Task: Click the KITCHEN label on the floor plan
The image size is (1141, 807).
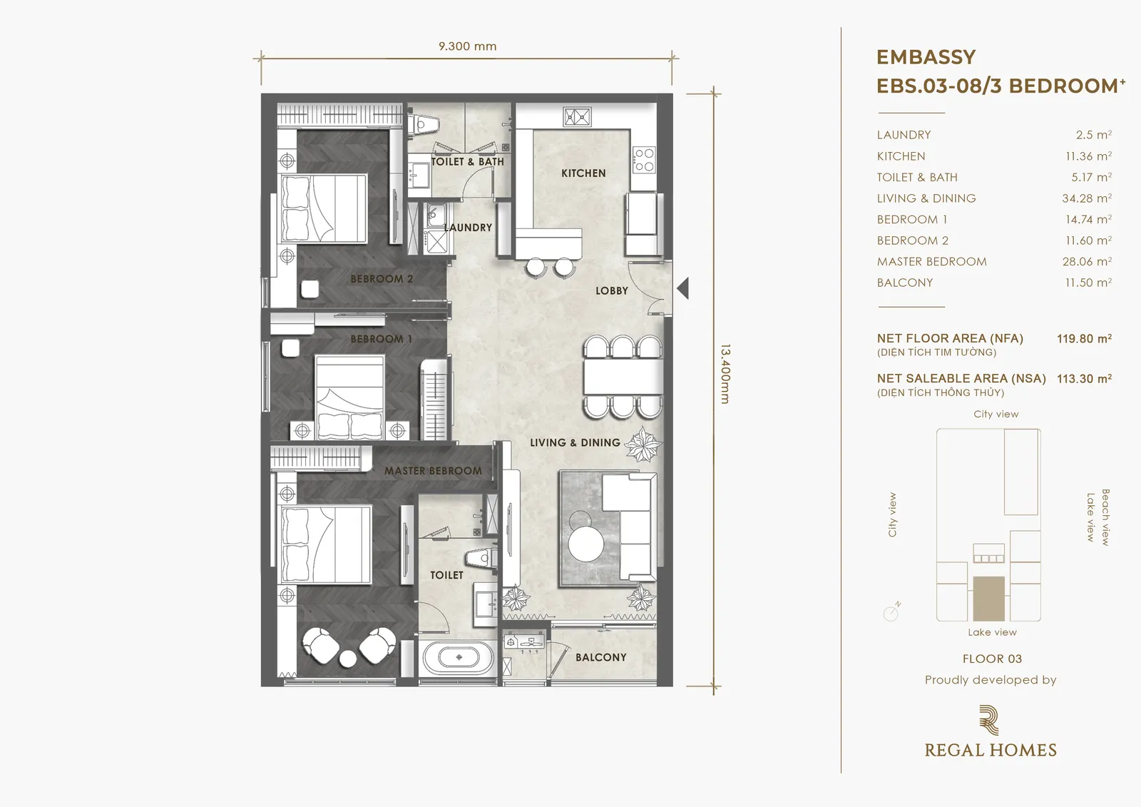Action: coord(583,173)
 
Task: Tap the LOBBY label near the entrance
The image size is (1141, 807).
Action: coord(612,290)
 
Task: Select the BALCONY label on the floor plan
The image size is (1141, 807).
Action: coord(601,657)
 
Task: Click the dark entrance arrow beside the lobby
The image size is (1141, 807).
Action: coord(683,288)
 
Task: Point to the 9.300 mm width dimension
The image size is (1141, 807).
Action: coord(468,46)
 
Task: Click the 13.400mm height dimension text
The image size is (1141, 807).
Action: coord(725,374)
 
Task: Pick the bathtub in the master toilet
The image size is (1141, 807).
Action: coord(459,657)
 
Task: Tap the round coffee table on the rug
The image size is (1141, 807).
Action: coord(586,544)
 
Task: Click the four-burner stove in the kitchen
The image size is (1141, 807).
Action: coord(644,159)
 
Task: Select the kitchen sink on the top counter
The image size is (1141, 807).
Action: coord(577,117)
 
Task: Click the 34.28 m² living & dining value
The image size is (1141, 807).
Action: coord(1087,198)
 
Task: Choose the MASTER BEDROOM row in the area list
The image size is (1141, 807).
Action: coord(994,262)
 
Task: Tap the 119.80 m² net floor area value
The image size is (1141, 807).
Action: coord(1084,338)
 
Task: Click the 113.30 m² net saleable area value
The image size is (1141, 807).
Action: coord(1084,379)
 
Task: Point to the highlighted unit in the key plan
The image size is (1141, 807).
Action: coord(988,599)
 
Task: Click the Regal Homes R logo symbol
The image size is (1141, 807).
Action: coord(988,720)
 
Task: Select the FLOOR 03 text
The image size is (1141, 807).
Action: coord(992,659)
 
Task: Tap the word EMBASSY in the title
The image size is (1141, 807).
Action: coord(926,57)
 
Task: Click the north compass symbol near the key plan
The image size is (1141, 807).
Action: coord(892,611)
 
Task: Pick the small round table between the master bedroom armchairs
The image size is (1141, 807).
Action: coord(349,659)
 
